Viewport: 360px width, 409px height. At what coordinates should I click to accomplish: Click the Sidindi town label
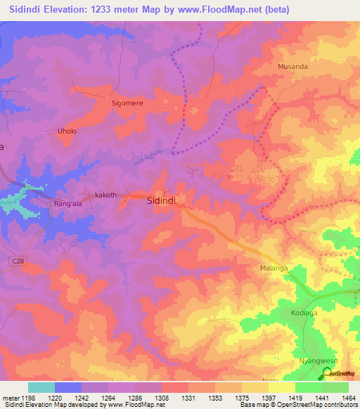pyautogui.click(x=166, y=200)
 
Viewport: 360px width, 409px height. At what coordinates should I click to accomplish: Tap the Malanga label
pyautogui.click(x=269, y=268)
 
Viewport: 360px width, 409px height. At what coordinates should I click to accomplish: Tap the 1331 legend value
pyautogui.click(x=188, y=396)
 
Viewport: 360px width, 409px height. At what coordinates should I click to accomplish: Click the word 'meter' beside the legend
pyautogui.click(x=10, y=396)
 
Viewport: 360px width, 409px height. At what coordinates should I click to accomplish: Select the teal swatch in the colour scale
pyautogui.click(x=41, y=387)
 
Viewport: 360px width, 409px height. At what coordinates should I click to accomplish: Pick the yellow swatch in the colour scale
pyautogui.click(x=281, y=387)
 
